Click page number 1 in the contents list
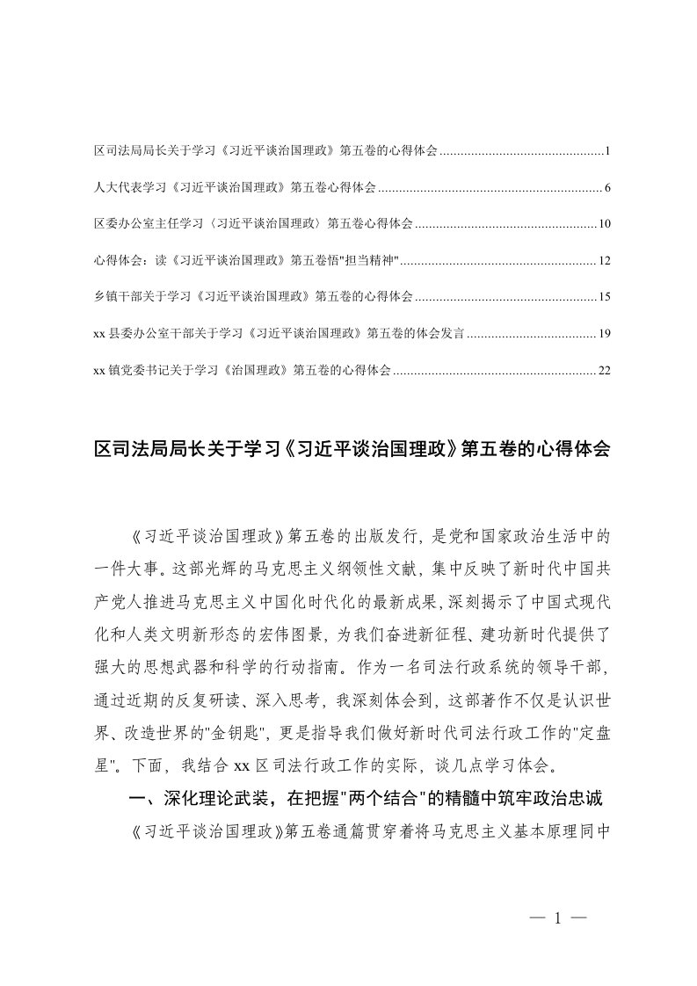607,152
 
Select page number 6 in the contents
607,188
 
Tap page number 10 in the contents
604,225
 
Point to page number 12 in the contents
604,261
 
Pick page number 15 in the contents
604,297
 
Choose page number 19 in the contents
604,334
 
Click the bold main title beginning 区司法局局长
351,450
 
